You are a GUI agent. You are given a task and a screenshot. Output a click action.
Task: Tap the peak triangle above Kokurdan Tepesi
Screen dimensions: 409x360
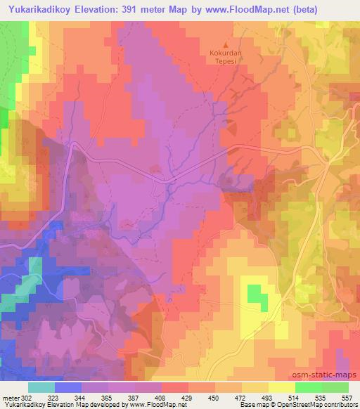click(225, 44)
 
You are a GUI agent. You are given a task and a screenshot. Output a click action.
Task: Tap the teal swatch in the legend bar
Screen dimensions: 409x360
click(41, 387)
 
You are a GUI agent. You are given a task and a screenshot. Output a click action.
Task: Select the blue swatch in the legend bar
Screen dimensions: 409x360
click(68, 387)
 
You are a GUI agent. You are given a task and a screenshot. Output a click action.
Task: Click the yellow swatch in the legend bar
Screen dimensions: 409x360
click(281, 387)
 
